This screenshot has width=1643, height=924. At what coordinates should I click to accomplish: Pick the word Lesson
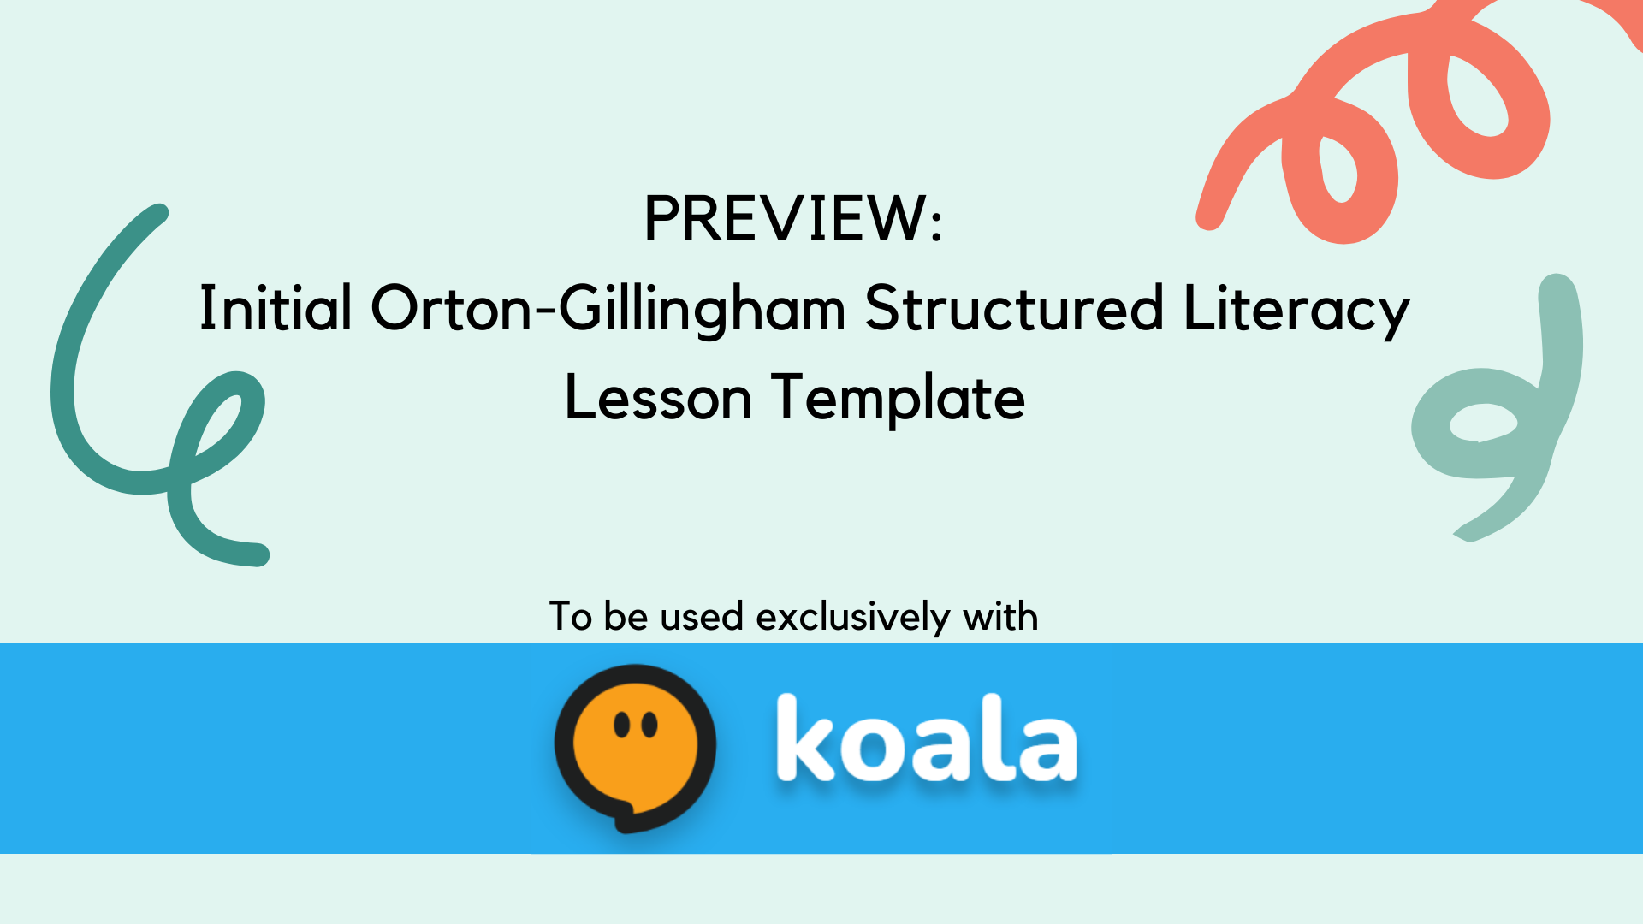tap(658, 398)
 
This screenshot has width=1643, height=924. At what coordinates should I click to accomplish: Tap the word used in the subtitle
tap(702, 617)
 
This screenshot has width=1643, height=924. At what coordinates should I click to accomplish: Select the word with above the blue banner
tap(1000, 616)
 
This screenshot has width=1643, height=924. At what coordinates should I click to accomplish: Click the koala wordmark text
tap(927, 738)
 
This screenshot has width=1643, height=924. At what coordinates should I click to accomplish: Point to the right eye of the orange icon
tap(649, 725)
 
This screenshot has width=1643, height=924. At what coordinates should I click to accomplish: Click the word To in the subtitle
tap(571, 617)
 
